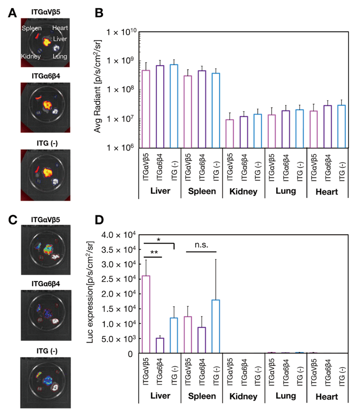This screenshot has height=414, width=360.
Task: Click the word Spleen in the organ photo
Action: (31, 29)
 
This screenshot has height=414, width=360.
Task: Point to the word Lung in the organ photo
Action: (60, 57)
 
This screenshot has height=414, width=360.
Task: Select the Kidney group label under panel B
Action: (244, 191)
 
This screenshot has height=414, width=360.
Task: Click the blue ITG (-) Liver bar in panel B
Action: (174, 106)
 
